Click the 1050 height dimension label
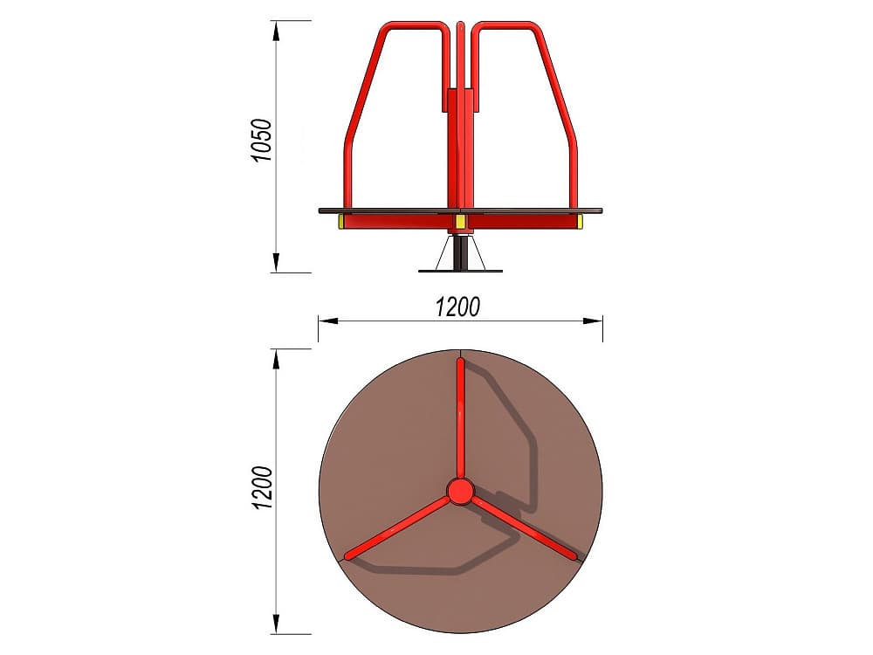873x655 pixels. tap(261, 140)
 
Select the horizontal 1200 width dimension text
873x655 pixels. tap(457, 307)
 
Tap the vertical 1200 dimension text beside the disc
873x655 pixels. tap(262, 488)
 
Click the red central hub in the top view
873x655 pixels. tap(460, 492)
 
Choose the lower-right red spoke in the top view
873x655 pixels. tap(525, 528)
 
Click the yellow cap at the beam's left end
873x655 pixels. tap(340, 223)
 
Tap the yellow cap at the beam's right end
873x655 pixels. tap(581, 223)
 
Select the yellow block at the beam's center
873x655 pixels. tap(460, 223)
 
